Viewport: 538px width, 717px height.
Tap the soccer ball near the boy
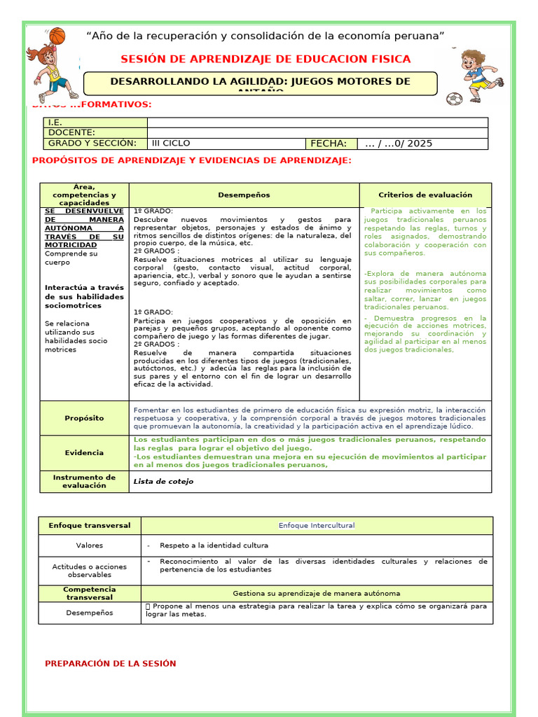(453, 99)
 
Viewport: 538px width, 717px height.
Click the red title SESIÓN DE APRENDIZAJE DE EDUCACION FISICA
(265, 59)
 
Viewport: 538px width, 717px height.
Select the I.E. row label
(55, 123)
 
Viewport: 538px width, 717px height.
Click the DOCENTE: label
(71, 132)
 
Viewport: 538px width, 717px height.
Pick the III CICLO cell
(171, 144)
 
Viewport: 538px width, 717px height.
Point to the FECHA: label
(329, 144)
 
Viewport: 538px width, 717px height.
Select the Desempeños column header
(243, 195)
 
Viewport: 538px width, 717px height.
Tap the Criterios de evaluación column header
(425, 195)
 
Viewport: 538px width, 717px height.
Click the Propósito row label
(84, 418)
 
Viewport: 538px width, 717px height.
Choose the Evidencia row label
(84, 452)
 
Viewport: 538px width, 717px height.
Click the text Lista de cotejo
(163, 482)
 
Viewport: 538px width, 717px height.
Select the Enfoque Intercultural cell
(317, 525)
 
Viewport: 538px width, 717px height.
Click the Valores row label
(90, 545)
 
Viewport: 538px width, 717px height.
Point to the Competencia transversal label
(90, 593)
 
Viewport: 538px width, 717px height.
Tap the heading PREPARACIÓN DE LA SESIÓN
(111, 663)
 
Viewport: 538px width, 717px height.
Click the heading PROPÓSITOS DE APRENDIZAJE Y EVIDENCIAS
(192, 161)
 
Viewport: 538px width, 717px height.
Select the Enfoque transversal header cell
(90, 525)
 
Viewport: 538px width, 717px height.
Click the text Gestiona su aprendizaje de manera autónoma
(317, 593)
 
